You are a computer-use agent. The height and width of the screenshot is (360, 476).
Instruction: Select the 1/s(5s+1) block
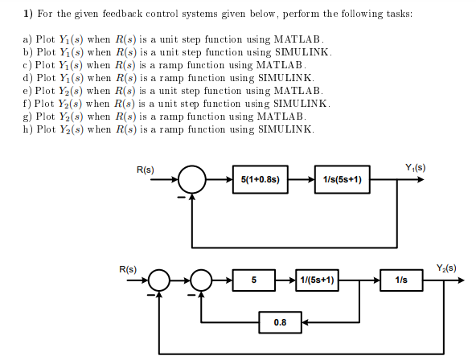point(343,179)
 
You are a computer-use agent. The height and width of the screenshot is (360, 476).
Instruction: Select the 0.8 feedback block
point(280,323)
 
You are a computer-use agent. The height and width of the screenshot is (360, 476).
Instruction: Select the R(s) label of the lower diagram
point(127,268)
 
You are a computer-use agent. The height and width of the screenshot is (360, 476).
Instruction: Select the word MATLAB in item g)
point(281,117)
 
